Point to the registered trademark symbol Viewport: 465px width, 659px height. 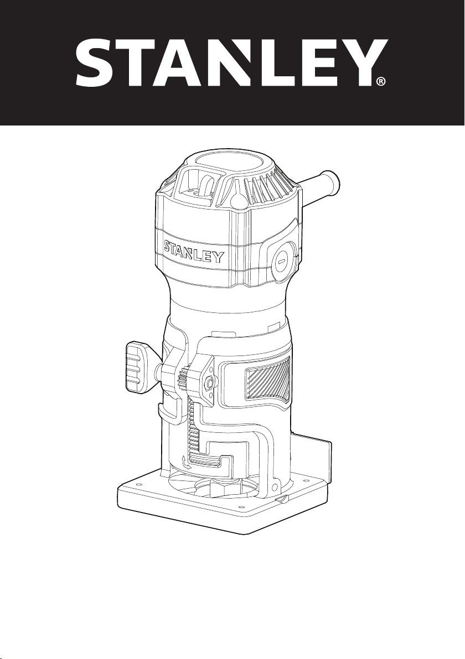[380, 81]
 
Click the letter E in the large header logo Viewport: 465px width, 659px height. [308, 63]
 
